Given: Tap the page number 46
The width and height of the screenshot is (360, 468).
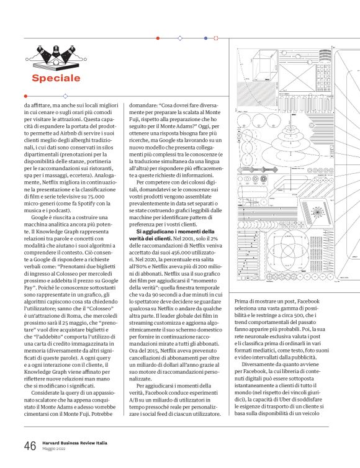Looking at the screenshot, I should [x=30, y=446].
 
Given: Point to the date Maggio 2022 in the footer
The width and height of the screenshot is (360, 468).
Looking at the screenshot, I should [x=55, y=449].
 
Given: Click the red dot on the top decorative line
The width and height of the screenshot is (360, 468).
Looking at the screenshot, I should [x=158, y=38].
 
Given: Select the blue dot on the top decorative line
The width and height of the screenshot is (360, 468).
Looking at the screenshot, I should [x=205, y=38].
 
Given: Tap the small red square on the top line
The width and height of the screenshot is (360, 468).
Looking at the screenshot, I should [x=216, y=38].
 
